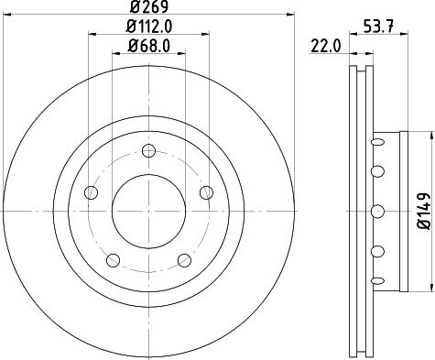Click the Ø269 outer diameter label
[x=147, y=10]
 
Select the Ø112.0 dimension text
[x=147, y=27]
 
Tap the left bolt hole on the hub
[x=91, y=192]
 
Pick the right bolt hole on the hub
[x=205, y=192]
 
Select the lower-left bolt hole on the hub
[x=113, y=259]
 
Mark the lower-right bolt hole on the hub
[x=183, y=259]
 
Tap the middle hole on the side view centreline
[x=376, y=212]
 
